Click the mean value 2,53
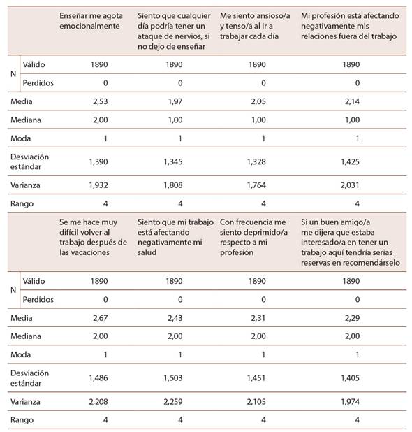pyautogui.click(x=101, y=101)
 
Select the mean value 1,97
pyautogui.click(x=175, y=101)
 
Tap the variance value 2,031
pyautogui.click(x=350, y=185)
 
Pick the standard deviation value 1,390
pyautogui.click(x=98, y=161)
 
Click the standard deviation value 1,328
pyautogui.click(x=256, y=161)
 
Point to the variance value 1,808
pyautogui.click(x=173, y=185)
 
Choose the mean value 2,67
pyautogui.click(x=101, y=318)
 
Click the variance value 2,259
pyautogui.click(x=173, y=402)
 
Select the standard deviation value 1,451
pyautogui.click(x=256, y=378)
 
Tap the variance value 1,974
pyautogui.click(x=350, y=402)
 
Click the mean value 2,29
pyautogui.click(x=352, y=318)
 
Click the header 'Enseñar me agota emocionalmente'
pyautogui.click(x=91, y=21)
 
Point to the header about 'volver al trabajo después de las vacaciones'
pyautogui.click(x=94, y=237)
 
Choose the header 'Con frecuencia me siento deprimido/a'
pyautogui.click(x=253, y=237)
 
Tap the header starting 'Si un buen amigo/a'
pyautogui.click(x=351, y=242)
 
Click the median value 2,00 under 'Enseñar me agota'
pyautogui.click(x=101, y=120)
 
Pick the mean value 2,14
pyautogui.click(x=352, y=101)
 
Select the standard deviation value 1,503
pyautogui.click(x=173, y=378)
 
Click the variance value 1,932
pyautogui.click(x=98, y=185)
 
